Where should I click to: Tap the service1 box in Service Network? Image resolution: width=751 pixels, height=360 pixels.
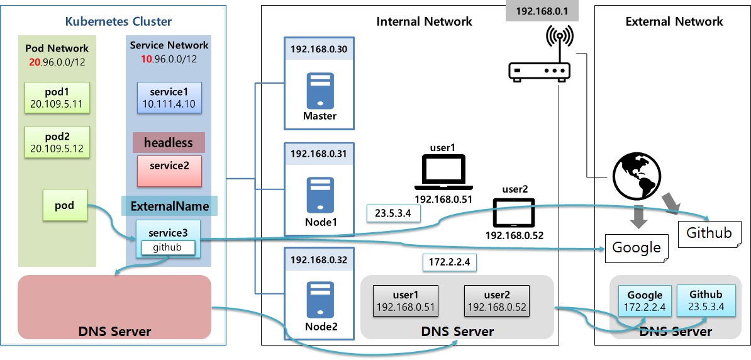[169, 98]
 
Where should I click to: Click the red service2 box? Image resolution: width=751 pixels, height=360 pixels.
[169, 171]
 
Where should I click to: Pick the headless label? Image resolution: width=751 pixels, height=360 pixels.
[169, 143]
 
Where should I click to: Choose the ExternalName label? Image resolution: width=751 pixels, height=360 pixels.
[169, 206]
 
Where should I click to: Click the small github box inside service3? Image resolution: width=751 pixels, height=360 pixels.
[167, 248]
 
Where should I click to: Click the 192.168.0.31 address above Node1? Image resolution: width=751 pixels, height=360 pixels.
[320, 154]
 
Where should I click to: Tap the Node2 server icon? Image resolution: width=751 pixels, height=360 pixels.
[320, 299]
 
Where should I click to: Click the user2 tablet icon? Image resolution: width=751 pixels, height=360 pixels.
[514, 213]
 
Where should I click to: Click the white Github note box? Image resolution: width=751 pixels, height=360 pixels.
[709, 233]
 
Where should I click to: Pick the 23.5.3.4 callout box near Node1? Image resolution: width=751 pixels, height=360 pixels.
[394, 213]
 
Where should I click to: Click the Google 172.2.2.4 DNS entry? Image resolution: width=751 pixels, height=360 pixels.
[645, 301]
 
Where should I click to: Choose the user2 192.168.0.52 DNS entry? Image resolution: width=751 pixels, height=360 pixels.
[495, 301]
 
